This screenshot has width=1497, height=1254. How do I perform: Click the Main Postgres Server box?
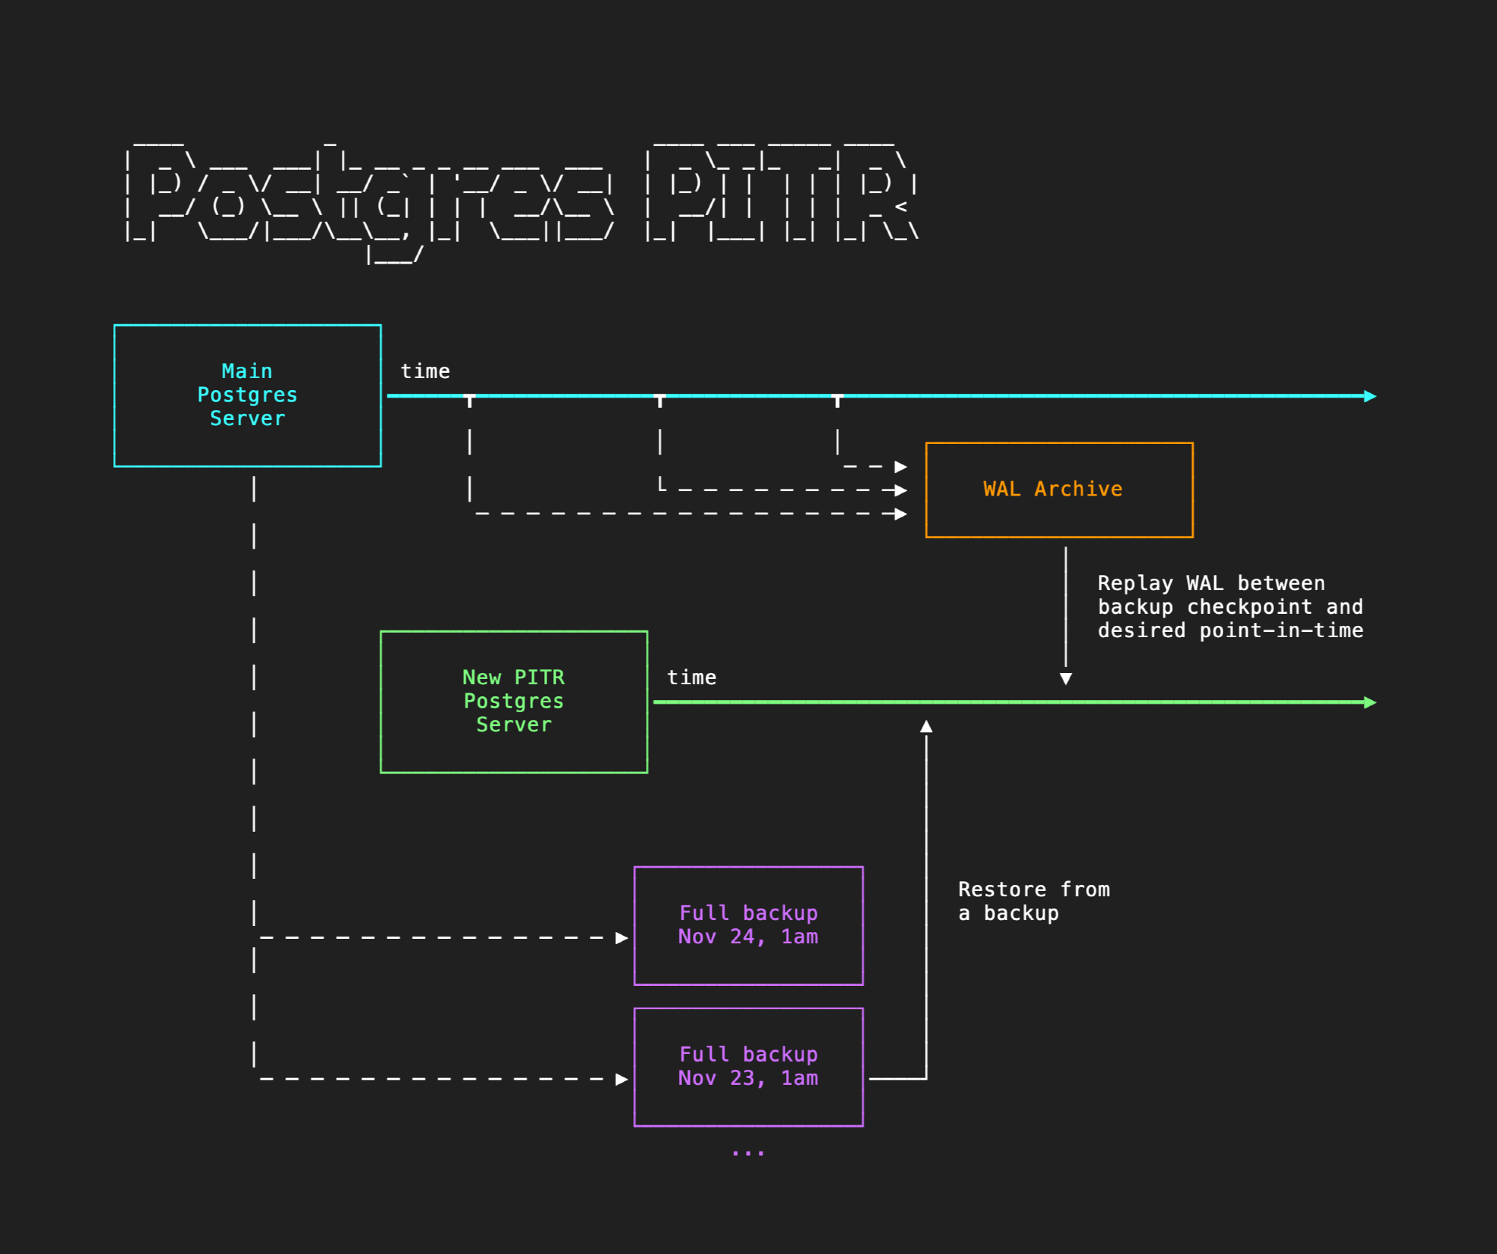(247, 395)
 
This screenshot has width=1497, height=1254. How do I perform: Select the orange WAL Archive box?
(1059, 490)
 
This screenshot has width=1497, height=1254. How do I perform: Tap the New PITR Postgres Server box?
(513, 701)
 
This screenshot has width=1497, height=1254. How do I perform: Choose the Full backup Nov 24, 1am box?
(748, 925)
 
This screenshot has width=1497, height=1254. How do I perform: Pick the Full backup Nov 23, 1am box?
(748, 1067)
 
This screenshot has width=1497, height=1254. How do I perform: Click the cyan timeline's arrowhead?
(1370, 396)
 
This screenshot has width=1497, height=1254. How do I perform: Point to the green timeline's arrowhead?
(1370, 702)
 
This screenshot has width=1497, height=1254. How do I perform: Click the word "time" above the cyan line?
(425, 371)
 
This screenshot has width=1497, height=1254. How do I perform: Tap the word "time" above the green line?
(692, 678)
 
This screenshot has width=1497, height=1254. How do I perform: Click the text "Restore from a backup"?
(1034, 901)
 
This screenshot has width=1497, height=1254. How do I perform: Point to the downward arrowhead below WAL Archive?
(1066, 678)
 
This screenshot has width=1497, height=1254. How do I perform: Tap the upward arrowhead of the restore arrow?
(927, 726)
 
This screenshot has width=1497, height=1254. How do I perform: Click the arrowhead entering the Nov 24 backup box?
(621, 938)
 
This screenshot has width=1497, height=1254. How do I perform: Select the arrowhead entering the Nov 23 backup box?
(621, 1079)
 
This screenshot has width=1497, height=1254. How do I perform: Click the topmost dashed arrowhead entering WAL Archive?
(901, 466)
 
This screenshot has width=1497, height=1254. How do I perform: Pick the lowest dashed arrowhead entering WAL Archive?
(901, 514)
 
